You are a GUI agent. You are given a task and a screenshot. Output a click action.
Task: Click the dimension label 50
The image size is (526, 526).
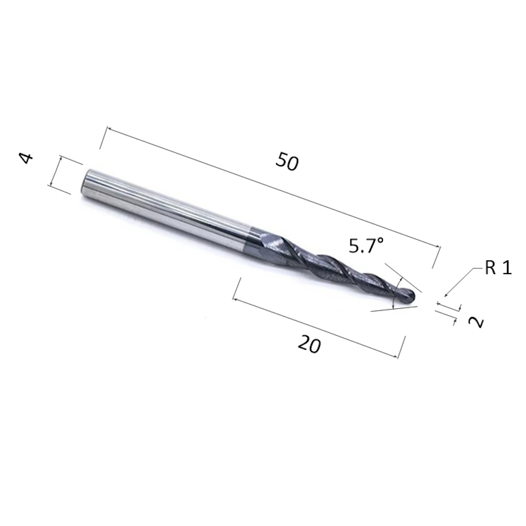coord(287,161)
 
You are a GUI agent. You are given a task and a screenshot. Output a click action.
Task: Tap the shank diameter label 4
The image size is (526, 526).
coord(26,158)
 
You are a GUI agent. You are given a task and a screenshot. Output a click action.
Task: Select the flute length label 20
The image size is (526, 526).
coord(309,344)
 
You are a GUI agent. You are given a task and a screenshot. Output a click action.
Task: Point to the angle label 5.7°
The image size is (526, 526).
coord(366,245)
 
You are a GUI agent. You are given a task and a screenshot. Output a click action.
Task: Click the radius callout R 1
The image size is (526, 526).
coord(498,268)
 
